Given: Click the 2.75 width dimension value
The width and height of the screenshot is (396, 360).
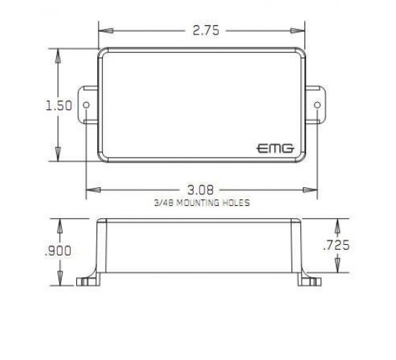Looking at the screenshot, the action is tap(206, 30).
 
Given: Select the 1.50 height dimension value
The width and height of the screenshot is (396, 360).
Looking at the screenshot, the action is tap(58, 105).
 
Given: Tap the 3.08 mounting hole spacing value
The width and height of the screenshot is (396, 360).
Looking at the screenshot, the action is tap(201, 190).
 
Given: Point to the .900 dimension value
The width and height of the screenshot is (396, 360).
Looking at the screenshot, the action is tap(58, 251).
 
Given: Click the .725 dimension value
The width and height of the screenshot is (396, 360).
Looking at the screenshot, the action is tap(336, 245).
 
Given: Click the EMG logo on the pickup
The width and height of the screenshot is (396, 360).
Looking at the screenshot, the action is tap(275, 148).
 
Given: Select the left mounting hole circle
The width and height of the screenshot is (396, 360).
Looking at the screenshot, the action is tap(86, 105).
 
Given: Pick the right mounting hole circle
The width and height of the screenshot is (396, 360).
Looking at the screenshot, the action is tap(318, 105).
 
